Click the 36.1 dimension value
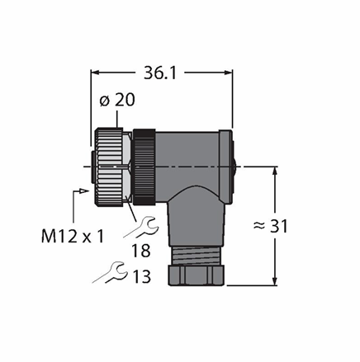click(159, 73)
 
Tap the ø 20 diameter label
click(117, 100)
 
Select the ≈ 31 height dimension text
click(270, 226)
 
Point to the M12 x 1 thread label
click(73, 236)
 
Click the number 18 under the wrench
click(141, 251)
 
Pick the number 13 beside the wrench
click(142, 276)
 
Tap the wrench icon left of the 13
click(111, 272)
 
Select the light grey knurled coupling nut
click(109, 167)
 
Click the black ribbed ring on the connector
click(144, 167)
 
